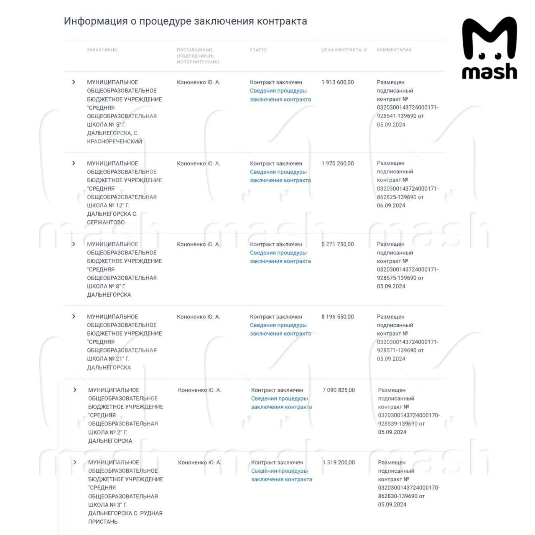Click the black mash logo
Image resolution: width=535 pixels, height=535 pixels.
[489, 48]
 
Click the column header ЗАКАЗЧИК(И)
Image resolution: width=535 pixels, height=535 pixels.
[102, 50]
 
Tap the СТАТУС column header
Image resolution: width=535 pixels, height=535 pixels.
[258, 50]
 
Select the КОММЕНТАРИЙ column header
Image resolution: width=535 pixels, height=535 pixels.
[394, 50]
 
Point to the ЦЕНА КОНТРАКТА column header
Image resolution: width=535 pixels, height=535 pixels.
[344, 50]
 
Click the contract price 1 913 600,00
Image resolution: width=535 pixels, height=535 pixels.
[338, 82]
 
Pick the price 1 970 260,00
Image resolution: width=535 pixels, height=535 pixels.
[338, 163]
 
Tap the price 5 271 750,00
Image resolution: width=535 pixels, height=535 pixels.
[338, 244]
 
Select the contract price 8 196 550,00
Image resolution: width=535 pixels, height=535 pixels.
[338, 317]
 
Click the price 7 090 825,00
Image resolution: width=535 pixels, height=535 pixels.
[339, 390]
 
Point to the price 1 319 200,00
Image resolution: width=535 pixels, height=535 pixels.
[339, 462]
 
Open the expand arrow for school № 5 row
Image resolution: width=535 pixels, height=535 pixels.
[74, 82]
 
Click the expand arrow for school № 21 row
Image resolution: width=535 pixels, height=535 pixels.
[74, 316]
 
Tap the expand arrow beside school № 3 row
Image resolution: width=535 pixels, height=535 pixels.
[75, 462]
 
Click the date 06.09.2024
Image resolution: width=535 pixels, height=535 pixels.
[391, 205]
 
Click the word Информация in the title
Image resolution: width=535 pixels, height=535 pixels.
[96, 21]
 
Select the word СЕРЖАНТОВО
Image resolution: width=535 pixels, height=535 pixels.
[106, 222]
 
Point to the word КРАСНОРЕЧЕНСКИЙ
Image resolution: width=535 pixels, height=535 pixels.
[115, 141]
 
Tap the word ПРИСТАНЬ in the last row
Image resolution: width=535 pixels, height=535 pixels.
[103, 522]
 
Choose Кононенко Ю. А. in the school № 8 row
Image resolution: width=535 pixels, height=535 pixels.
[199, 244]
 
